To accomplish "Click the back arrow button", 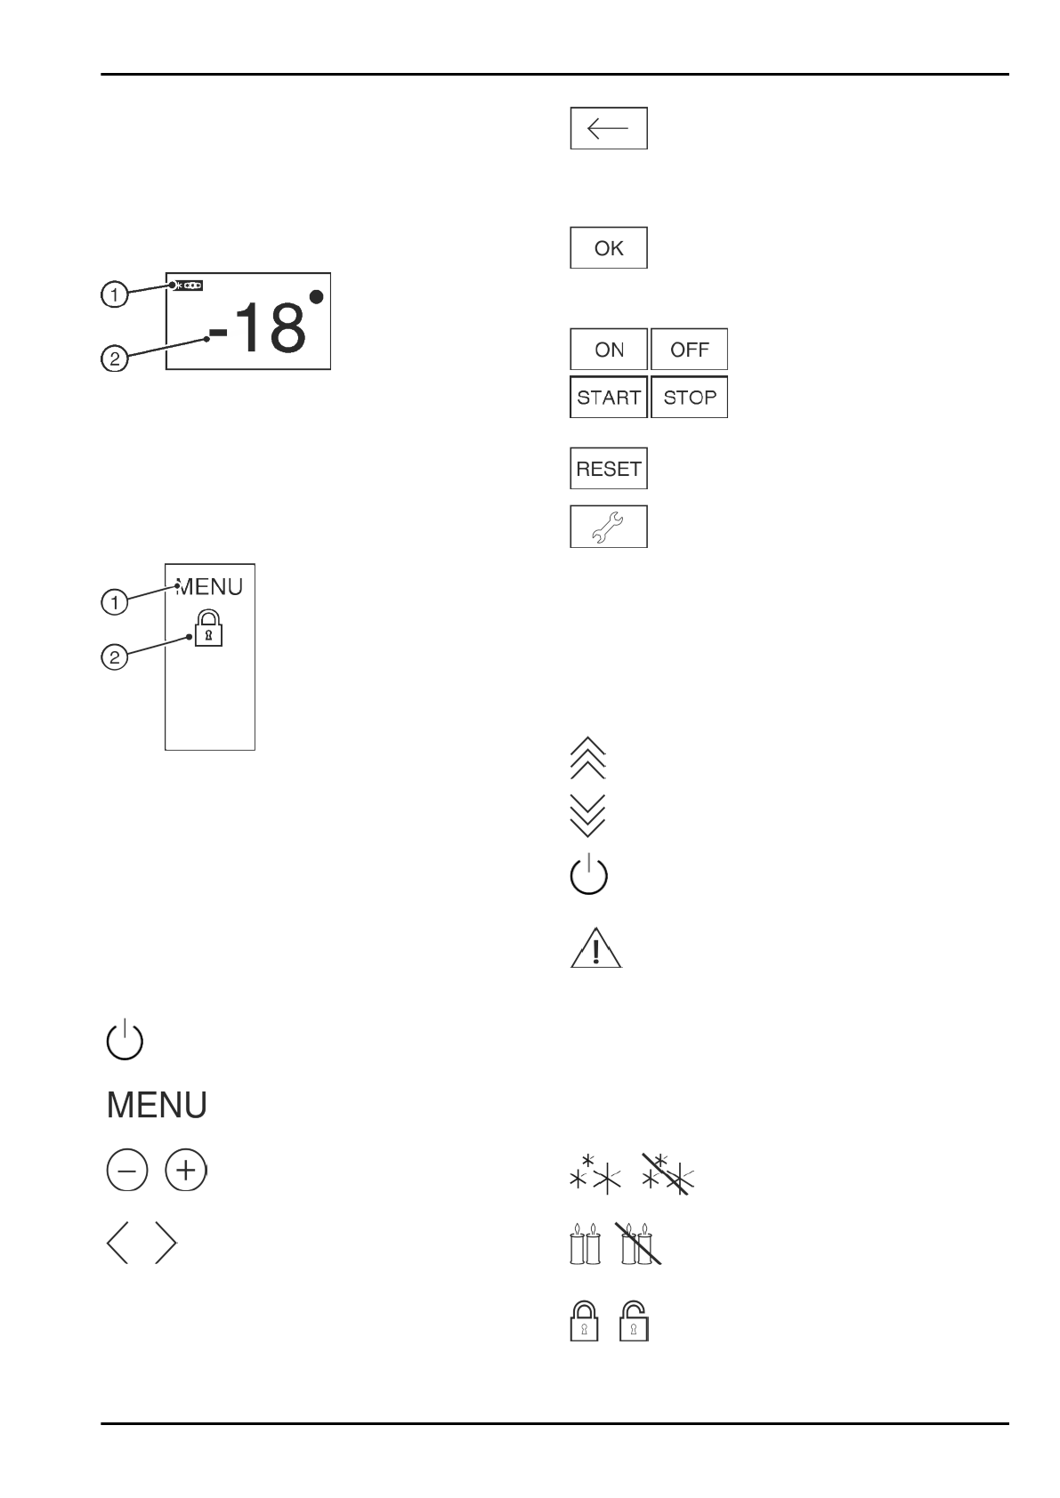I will click(608, 128).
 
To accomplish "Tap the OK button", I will click(608, 248).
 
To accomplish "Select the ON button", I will click(608, 350).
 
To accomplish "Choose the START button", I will click(608, 398).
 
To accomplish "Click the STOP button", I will click(689, 398).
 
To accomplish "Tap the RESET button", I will click(608, 469).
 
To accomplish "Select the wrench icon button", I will click(608, 527).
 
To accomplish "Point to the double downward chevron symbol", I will click(587, 815).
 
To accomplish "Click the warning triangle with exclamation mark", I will click(595, 948).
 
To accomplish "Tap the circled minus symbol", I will click(127, 1172).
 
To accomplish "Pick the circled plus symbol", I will click(185, 1172).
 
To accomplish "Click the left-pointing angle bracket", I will click(117, 1243).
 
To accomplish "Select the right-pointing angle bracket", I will click(166, 1243).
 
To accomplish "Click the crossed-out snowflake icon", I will click(669, 1176).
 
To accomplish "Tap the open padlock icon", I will click(635, 1321).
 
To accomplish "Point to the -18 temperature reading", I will click(257, 326).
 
